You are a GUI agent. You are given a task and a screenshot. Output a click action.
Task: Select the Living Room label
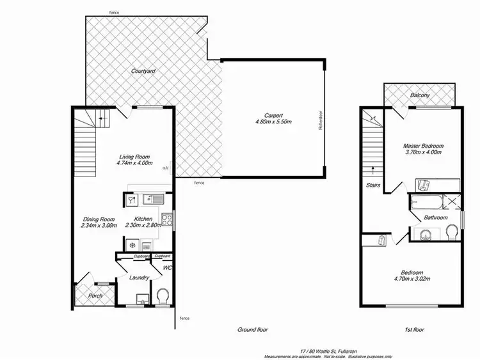pyautogui.click(x=134, y=156)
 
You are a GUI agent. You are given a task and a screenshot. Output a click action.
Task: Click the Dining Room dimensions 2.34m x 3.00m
pyautogui.click(x=100, y=226)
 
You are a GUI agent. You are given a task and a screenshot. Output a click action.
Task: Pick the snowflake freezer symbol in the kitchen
pyautogui.click(x=132, y=244)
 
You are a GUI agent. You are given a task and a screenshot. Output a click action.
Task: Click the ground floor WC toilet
pyautogui.click(x=163, y=296)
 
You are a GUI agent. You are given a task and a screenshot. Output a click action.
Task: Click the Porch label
pyautogui.click(x=95, y=295)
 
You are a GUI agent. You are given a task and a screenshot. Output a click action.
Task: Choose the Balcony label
pyautogui.click(x=419, y=96)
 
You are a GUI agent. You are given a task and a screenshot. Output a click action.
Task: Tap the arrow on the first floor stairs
pyautogui.click(x=372, y=171)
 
